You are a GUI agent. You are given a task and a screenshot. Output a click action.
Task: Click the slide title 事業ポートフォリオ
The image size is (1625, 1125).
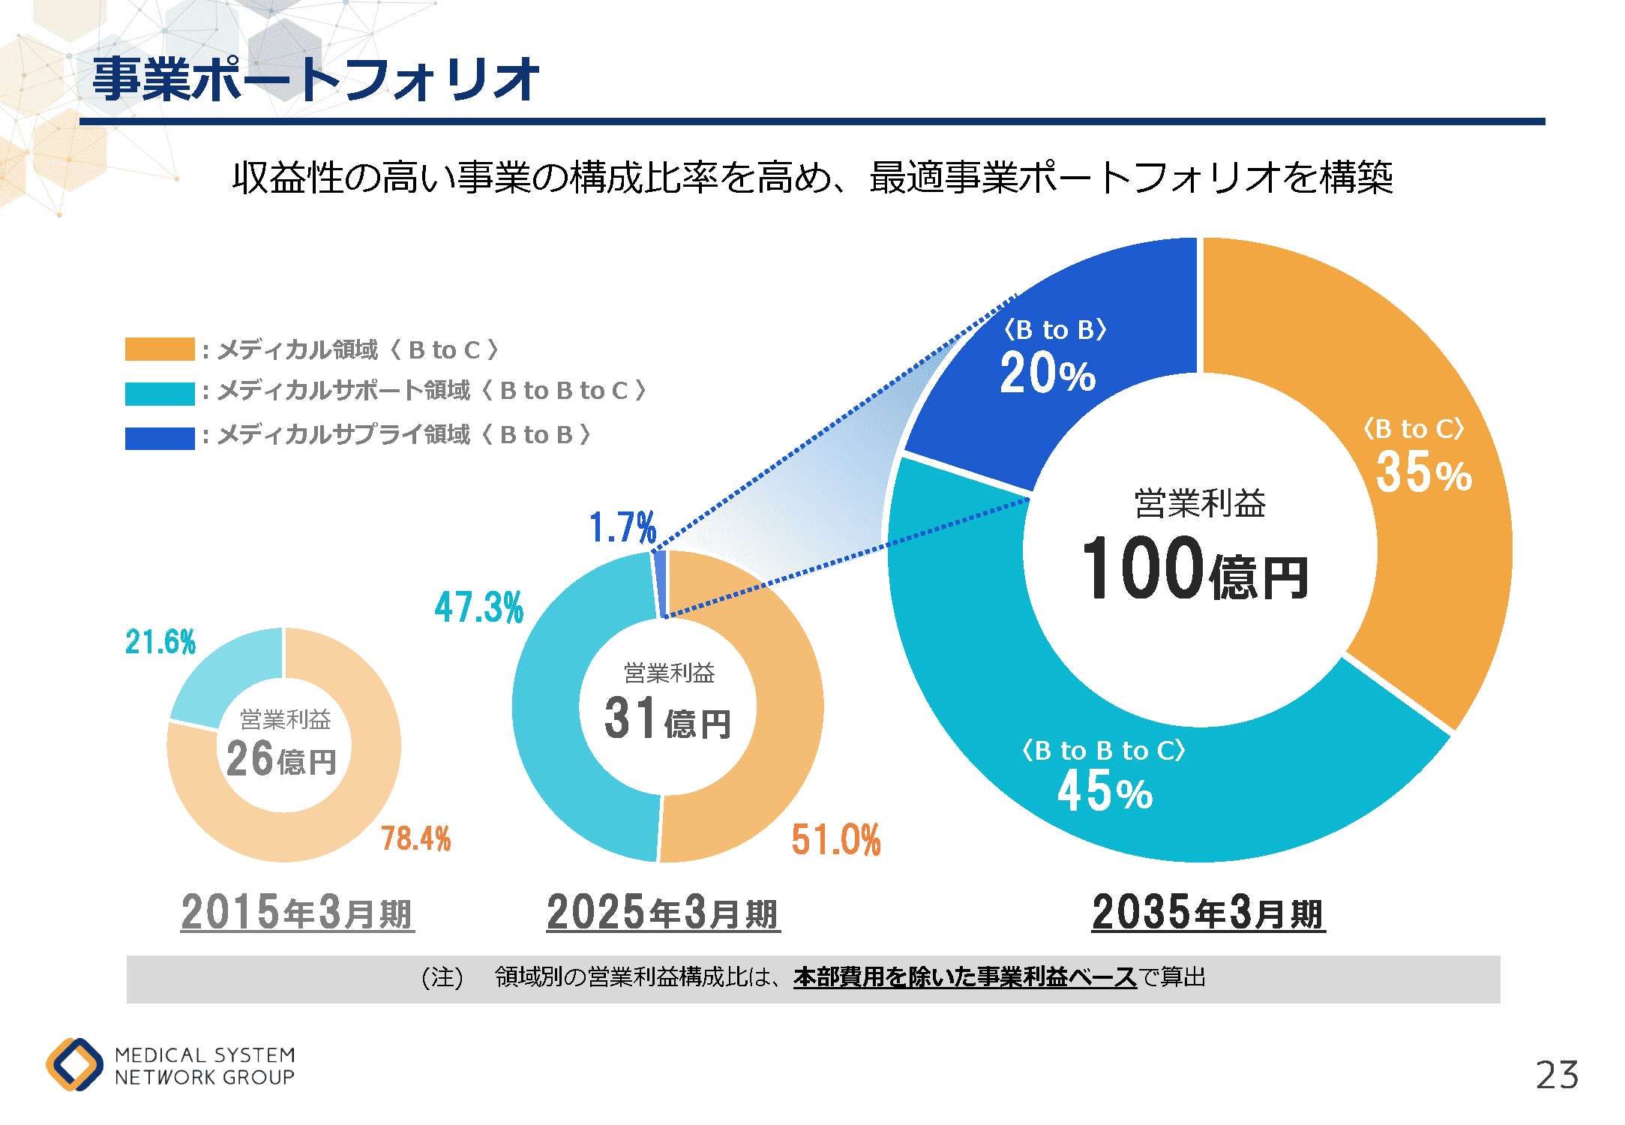pyautogui.click(x=315, y=79)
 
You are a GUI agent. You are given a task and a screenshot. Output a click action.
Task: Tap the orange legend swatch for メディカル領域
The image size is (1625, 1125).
pyautogui.click(x=160, y=349)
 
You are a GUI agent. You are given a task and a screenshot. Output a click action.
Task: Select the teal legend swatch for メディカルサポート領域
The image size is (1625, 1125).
pyautogui.click(x=160, y=393)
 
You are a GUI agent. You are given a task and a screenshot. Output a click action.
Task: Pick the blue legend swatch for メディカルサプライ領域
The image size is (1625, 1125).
pyautogui.click(x=160, y=438)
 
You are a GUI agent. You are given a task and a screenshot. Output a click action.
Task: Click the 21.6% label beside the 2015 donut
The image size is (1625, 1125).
pyautogui.click(x=160, y=642)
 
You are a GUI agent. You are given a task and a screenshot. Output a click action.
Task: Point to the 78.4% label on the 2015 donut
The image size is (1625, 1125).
pyautogui.click(x=416, y=838)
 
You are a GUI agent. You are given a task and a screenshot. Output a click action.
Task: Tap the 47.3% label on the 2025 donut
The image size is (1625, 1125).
pyautogui.click(x=479, y=607)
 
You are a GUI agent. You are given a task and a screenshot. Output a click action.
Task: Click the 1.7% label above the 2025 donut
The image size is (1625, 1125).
pyautogui.click(x=622, y=527)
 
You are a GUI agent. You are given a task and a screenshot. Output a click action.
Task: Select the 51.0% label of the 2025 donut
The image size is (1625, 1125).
pyautogui.click(x=836, y=839)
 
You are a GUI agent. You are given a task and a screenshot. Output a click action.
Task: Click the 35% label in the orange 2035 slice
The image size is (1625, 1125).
pyautogui.click(x=1423, y=472)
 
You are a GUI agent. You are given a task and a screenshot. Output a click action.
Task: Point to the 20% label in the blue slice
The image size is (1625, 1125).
pyautogui.click(x=1048, y=373)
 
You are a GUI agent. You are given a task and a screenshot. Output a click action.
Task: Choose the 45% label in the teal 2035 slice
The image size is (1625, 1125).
pyautogui.click(x=1105, y=791)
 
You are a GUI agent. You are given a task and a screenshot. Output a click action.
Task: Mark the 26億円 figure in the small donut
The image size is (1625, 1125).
pyautogui.click(x=281, y=759)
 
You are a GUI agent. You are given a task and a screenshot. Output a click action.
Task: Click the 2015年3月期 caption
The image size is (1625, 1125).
pyautogui.click(x=297, y=912)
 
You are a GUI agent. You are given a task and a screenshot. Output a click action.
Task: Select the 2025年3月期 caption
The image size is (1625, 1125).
pyautogui.click(x=663, y=912)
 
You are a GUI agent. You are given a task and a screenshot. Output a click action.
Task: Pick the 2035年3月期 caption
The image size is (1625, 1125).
pyautogui.click(x=1208, y=912)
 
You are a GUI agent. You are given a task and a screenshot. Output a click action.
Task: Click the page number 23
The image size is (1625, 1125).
pyautogui.click(x=1557, y=1075)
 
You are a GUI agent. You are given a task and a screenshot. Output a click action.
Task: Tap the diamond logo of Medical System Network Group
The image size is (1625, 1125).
pyautogui.click(x=74, y=1064)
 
